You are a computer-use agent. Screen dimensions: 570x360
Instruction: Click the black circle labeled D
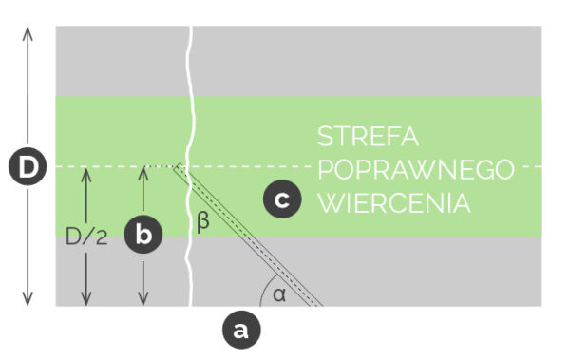click(x=28, y=168)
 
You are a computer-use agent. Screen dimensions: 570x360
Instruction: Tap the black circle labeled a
click(x=239, y=330)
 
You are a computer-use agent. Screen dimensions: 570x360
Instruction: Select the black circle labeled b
click(x=142, y=234)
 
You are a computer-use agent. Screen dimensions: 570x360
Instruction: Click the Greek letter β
click(x=201, y=224)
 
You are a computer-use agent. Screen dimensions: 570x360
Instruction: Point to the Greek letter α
click(x=278, y=294)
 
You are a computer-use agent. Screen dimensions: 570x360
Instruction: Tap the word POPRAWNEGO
click(x=416, y=169)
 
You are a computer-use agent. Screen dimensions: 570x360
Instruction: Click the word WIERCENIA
click(x=395, y=202)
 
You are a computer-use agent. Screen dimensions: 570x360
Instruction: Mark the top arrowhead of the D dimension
click(x=28, y=31)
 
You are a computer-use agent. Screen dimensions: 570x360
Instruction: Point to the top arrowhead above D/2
click(x=86, y=172)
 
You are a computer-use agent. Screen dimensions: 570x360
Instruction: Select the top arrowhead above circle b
click(x=142, y=172)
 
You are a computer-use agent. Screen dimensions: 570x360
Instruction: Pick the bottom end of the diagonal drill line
click(x=317, y=304)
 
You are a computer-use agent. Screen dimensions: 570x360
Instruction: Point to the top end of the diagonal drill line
click(x=177, y=168)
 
